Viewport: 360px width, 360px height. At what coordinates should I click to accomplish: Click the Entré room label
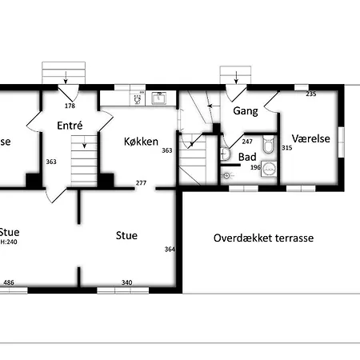(x=70, y=125)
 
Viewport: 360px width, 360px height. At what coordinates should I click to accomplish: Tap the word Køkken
(x=141, y=141)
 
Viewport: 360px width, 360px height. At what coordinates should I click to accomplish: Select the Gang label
(x=245, y=111)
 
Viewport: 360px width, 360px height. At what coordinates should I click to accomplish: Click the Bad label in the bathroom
(x=247, y=157)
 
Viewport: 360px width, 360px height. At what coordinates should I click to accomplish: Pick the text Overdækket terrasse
(x=263, y=238)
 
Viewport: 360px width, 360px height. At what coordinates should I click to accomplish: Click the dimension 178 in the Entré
(x=70, y=105)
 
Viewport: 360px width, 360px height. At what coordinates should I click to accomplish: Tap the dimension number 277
(x=141, y=183)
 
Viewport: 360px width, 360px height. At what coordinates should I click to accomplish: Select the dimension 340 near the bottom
(x=127, y=282)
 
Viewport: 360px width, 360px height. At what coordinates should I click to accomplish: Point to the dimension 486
(x=9, y=282)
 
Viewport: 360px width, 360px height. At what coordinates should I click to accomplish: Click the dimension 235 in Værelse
(x=312, y=94)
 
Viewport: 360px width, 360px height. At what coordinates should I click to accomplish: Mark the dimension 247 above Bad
(x=247, y=142)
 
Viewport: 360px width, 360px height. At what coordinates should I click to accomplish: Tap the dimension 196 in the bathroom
(x=256, y=167)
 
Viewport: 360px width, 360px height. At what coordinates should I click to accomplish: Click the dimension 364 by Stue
(x=169, y=250)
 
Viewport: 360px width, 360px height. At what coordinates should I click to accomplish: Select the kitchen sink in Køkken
(x=158, y=99)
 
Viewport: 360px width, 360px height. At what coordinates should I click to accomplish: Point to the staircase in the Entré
(x=83, y=160)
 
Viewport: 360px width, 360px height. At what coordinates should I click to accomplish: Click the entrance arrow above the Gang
(x=237, y=77)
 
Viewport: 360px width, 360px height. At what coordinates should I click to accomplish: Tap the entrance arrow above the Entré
(x=62, y=77)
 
